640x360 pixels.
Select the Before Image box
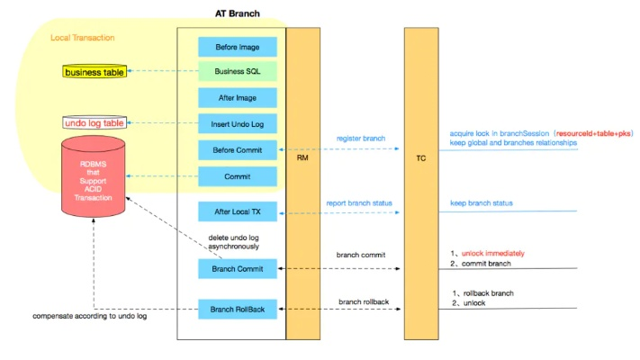pos(238,47)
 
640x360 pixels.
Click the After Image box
pos(238,98)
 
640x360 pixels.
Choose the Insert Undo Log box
pos(238,124)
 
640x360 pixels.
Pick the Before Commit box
pos(238,150)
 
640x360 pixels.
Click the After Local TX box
pos(238,212)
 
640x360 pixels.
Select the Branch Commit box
pos(238,268)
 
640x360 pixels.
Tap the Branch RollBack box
pos(238,310)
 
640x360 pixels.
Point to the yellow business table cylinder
pos(95,71)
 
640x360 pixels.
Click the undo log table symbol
pos(95,122)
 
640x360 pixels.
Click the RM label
pos(302,157)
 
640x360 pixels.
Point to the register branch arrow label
pos(361,139)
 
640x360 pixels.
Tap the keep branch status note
pos(482,203)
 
